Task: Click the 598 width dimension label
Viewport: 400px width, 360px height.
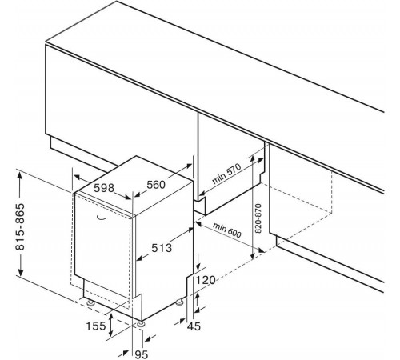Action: pos(104,188)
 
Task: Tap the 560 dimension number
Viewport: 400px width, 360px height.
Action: pos(156,185)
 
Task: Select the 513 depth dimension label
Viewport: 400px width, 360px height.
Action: pos(162,248)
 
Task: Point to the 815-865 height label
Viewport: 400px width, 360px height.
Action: pos(20,227)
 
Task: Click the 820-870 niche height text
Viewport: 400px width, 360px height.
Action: pos(258,218)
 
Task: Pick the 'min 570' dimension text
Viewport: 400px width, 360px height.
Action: pos(226,174)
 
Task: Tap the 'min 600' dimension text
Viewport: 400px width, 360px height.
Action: pos(227,230)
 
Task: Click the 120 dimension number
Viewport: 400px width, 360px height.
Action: pos(206,280)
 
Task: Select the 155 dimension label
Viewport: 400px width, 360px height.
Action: pos(96,326)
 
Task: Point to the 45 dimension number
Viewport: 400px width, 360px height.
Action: pos(194,326)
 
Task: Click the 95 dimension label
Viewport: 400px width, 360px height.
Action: pos(142,354)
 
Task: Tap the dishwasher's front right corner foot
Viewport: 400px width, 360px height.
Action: pos(141,324)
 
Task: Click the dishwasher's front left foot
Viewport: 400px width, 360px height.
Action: pos(91,303)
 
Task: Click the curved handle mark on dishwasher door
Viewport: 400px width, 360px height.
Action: pos(101,218)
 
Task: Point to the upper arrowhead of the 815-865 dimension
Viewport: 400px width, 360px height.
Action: pos(20,178)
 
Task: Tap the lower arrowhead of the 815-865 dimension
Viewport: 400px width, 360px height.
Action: pos(20,271)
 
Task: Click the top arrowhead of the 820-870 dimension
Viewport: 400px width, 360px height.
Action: pos(252,159)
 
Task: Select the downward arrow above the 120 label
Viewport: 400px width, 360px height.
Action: pos(198,262)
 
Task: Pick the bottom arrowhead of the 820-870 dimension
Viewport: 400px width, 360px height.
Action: pos(252,254)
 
